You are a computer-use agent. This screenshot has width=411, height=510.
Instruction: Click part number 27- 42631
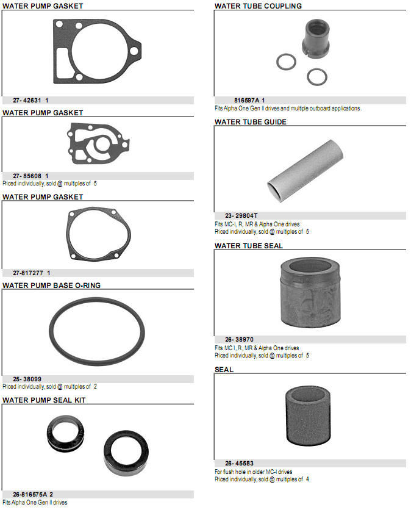tap(27, 101)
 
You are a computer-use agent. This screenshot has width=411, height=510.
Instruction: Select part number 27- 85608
tap(27, 176)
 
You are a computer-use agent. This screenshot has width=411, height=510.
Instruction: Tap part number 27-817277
tap(28, 273)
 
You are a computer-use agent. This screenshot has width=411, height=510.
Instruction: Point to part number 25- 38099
tap(27, 379)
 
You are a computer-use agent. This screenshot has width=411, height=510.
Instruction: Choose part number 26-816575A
tap(30, 494)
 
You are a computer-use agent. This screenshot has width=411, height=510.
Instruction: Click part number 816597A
tap(247, 101)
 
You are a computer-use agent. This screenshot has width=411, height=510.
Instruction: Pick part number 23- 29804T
tap(241, 215)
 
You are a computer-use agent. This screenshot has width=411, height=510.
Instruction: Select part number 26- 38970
tap(239, 340)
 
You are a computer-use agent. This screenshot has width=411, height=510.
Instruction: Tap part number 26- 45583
tap(239, 464)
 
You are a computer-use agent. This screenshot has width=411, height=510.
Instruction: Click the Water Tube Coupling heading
tap(258, 6)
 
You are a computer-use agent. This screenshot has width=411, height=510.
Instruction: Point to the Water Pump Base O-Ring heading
tap(51, 286)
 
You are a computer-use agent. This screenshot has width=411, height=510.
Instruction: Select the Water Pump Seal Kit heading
tap(44, 400)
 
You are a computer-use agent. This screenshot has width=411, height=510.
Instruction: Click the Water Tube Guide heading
tap(251, 122)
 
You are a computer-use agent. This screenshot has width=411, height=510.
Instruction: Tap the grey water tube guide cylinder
tap(305, 170)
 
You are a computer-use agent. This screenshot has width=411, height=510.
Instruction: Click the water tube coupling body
tap(316, 38)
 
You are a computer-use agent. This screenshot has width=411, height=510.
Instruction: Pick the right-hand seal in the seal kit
tap(126, 453)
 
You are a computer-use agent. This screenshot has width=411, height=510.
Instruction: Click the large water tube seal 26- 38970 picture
tap(310, 292)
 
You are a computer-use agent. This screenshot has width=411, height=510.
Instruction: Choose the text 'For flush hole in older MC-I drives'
tap(253, 472)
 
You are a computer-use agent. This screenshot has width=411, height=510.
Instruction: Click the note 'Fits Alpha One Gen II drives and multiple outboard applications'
tap(288, 109)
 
